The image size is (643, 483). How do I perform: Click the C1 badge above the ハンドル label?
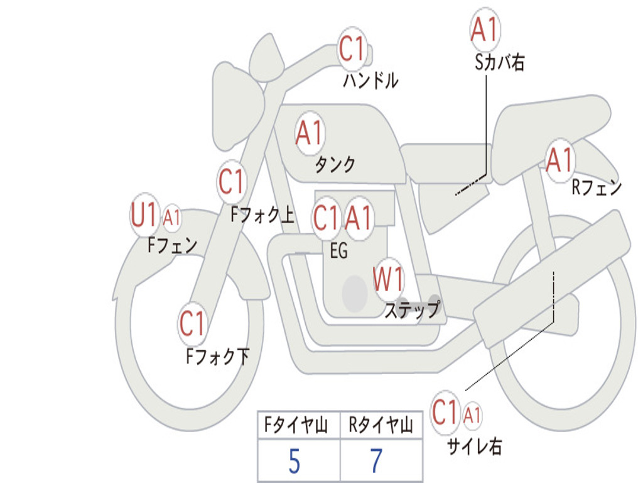pyautogui.click(x=352, y=49)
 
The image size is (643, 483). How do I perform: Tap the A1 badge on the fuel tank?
pyautogui.click(x=309, y=133)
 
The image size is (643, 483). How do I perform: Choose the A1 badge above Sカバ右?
pyautogui.click(x=484, y=30)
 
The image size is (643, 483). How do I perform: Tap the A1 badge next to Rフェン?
pyautogui.click(x=559, y=160)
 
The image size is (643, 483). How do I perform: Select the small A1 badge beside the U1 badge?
pyautogui.click(x=171, y=218)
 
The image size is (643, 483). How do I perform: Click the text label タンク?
pyautogui.click(x=334, y=165)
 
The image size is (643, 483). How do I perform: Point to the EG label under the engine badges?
pyautogui.click(x=338, y=250)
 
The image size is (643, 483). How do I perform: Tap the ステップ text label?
pyautogui.click(x=412, y=310)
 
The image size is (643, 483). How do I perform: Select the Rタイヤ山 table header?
pyautogui.click(x=381, y=426)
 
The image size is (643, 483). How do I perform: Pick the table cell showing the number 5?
pyautogui.click(x=295, y=462)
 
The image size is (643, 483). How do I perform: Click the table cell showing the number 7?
pyautogui.click(x=377, y=462)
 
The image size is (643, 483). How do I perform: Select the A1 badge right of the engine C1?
pyautogui.click(x=359, y=218)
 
